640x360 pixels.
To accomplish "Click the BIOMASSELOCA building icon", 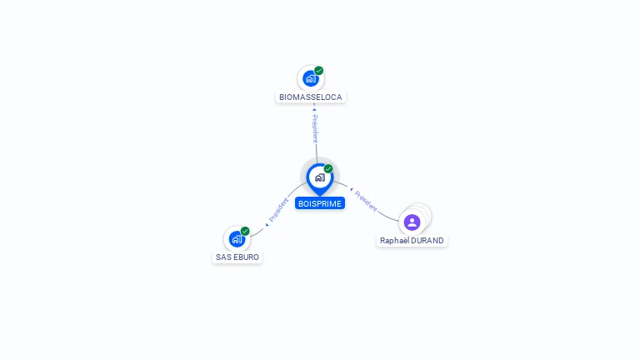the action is pyautogui.click(x=310, y=79).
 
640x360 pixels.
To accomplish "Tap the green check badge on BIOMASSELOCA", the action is pyautogui.click(x=319, y=71).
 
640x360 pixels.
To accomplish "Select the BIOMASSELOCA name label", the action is pyautogui.click(x=310, y=97).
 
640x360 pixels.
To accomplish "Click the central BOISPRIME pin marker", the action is pyautogui.click(x=319, y=177).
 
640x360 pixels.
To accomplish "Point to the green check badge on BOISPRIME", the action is pyautogui.click(x=328, y=169).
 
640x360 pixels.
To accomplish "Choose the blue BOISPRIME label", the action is pyautogui.click(x=320, y=203).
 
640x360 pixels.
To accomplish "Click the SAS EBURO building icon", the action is pyautogui.click(x=237, y=240).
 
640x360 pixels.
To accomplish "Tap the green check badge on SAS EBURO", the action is pyautogui.click(x=245, y=231).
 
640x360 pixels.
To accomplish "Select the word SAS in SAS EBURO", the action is pyautogui.click(x=223, y=257).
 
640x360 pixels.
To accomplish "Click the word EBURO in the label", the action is pyautogui.click(x=246, y=257).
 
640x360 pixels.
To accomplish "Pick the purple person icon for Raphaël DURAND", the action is pyautogui.click(x=412, y=222).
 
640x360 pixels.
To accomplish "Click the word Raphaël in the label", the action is pyautogui.click(x=395, y=241).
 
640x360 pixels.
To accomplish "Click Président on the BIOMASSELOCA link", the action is pyautogui.click(x=315, y=129).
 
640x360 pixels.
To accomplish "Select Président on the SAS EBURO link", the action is pyautogui.click(x=278, y=210).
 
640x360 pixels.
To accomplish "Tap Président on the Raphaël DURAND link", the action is pyautogui.click(x=366, y=201).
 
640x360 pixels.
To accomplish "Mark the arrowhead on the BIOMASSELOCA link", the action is pyautogui.click(x=314, y=109).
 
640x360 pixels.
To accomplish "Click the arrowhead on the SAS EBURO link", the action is pyautogui.click(x=267, y=224).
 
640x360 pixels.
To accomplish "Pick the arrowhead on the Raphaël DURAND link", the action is pyautogui.click(x=352, y=190).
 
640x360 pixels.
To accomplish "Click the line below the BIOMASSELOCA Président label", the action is pyautogui.click(x=316, y=152).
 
